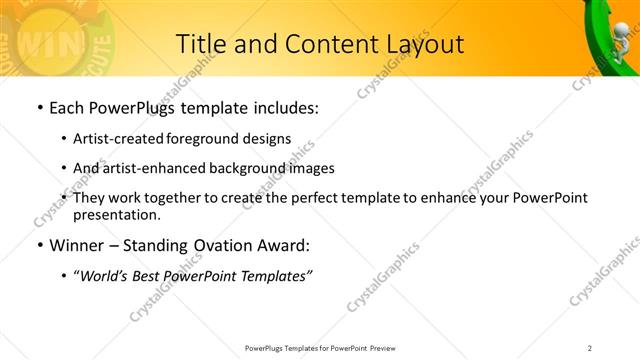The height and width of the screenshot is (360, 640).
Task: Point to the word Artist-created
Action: [119, 138]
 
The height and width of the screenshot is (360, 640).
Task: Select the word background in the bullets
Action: [250, 168]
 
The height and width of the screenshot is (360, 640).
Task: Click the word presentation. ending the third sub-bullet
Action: [117, 214]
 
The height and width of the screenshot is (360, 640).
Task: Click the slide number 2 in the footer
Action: [590, 348]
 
